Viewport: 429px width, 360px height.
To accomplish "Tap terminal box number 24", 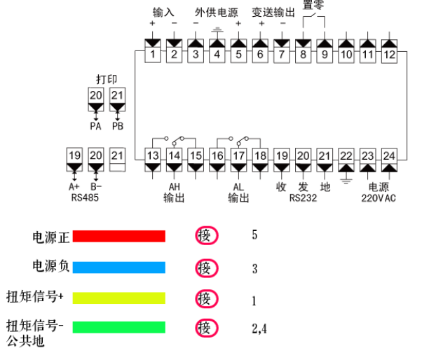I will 390,155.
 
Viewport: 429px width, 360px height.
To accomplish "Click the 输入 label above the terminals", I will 163,13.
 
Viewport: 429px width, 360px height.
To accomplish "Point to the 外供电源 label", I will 217,13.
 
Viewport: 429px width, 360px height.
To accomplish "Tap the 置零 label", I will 314,6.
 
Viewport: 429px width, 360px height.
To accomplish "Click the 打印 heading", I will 107,78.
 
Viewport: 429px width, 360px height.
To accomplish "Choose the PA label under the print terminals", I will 96,126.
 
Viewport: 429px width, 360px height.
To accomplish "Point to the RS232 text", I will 303,198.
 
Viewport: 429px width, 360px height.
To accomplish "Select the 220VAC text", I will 379,198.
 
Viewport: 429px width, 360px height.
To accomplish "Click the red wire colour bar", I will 119,236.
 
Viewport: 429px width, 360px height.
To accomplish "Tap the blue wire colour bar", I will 119,267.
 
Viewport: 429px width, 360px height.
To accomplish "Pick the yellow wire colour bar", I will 119,298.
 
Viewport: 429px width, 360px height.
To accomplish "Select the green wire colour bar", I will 119,327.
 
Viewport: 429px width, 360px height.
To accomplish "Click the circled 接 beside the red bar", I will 204,236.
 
